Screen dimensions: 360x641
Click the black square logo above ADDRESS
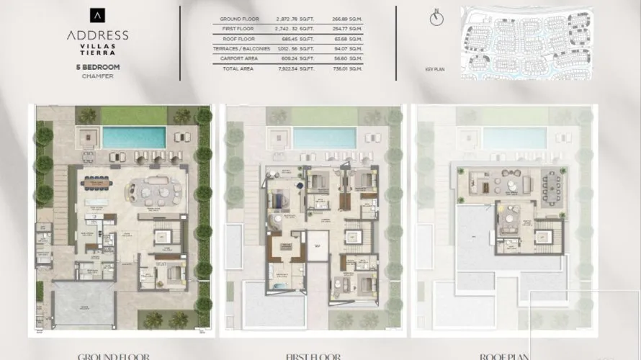(97, 14)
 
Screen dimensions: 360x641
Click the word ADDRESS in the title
(97, 35)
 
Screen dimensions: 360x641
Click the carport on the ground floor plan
(81, 304)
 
